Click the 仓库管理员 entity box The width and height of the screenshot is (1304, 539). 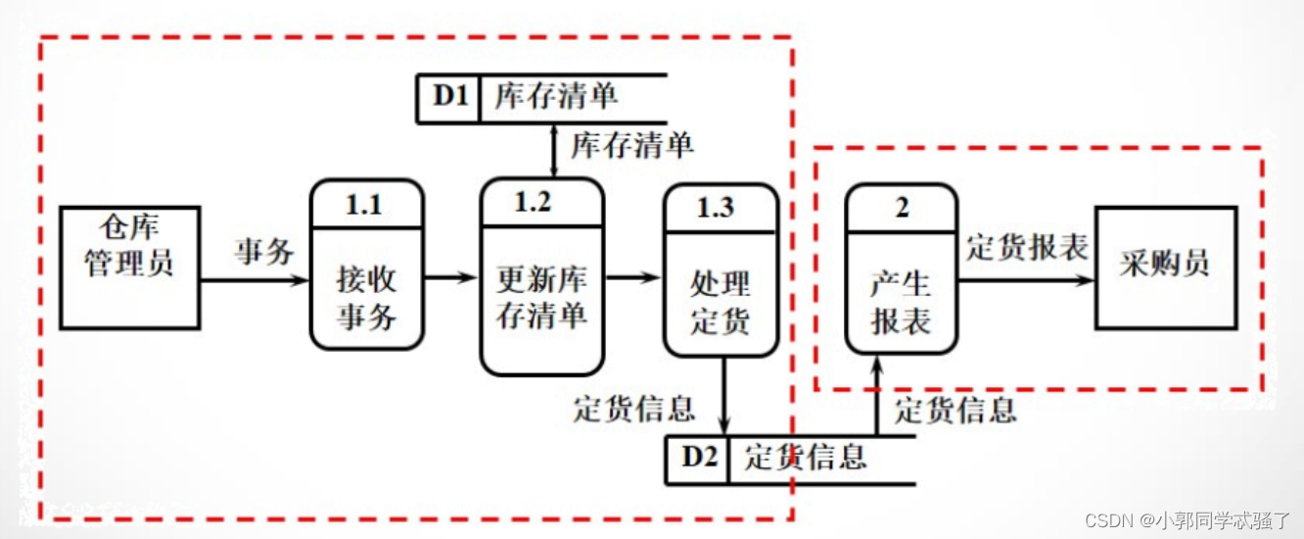129,267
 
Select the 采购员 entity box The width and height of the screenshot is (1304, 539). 1165,267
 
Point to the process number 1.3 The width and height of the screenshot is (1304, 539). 720,208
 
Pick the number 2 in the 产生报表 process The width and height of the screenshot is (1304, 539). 902,208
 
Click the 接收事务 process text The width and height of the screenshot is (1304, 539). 366,299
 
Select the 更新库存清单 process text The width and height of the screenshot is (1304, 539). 541,299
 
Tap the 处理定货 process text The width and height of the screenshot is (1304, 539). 720,303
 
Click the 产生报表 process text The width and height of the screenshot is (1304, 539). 901,303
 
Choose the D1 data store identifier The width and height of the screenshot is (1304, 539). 450,98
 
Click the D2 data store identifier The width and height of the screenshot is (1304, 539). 698,458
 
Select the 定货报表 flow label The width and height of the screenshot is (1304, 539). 1028,247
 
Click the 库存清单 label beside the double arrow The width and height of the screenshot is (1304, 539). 632,145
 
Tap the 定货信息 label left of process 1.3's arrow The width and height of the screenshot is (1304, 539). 634,408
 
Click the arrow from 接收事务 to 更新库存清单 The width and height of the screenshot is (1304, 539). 451,278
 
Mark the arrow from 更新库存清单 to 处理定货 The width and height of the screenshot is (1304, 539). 633,278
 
